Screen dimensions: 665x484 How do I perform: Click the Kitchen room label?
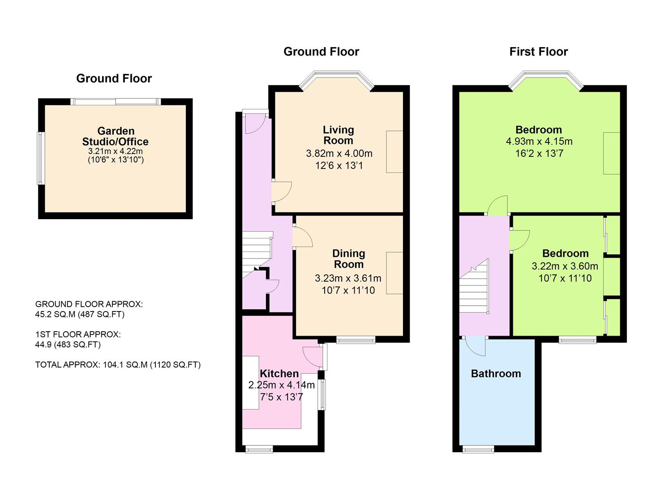click(279, 373)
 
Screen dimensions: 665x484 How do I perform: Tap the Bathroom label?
click(496, 373)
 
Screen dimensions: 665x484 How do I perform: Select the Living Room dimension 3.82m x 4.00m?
click(339, 153)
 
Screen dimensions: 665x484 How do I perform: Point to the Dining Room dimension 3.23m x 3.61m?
click(348, 278)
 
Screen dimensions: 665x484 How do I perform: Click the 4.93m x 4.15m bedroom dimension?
click(539, 141)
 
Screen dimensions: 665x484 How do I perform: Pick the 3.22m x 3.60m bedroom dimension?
click(565, 266)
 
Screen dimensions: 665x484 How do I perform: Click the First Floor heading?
click(539, 52)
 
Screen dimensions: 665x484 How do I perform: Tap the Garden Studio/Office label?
click(115, 136)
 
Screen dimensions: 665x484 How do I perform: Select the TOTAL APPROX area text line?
click(118, 364)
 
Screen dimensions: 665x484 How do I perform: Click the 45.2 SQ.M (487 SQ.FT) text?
click(80, 314)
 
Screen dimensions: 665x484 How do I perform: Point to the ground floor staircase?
click(257, 255)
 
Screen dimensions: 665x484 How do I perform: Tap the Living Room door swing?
click(282, 192)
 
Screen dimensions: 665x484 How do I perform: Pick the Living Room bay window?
click(336, 79)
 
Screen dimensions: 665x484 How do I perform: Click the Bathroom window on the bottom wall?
click(478, 449)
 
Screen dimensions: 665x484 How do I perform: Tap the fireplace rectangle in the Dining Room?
click(395, 273)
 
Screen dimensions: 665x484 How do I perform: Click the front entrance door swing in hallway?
click(255, 125)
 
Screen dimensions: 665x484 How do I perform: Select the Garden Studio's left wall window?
click(41, 158)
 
